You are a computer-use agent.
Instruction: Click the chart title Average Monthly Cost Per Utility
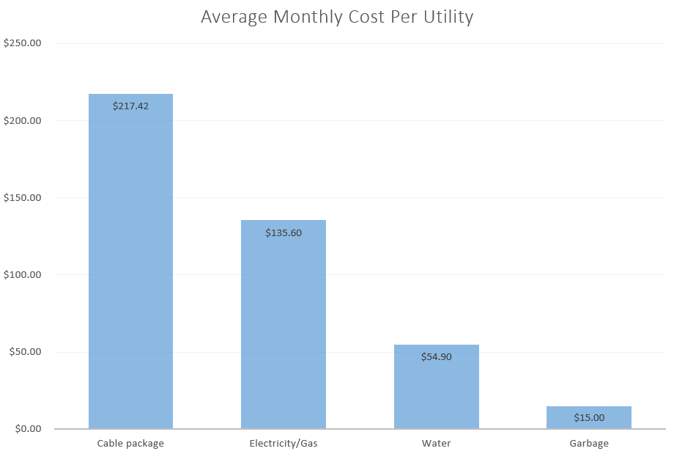click(x=337, y=17)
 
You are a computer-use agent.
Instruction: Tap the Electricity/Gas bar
click(x=284, y=330)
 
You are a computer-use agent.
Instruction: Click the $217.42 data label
click(x=130, y=106)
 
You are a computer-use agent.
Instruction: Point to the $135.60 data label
click(x=284, y=233)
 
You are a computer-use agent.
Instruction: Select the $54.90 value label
click(x=436, y=357)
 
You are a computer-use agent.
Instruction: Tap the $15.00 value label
click(x=588, y=418)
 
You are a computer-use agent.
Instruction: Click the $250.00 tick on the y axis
click(x=22, y=43)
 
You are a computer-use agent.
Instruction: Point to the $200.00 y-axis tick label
click(x=22, y=120)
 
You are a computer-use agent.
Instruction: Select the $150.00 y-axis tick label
click(x=22, y=197)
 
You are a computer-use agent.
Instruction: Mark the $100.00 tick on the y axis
click(x=22, y=274)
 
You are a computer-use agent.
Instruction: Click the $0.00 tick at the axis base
click(x=27, y=429)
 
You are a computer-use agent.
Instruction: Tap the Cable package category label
click(x=130, y=444)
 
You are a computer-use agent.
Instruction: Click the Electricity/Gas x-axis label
click(x=284, y=444)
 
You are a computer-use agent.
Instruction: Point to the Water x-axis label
click(x=436, y=444)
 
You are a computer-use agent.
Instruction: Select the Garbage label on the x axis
click(x=588, y=444)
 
